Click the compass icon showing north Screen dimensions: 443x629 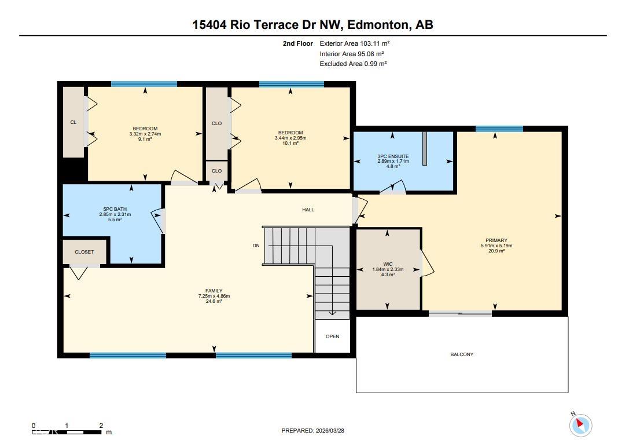pyautogui.click(x=580, y=425)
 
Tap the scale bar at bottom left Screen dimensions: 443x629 pyautogui.click(x=68, y=431)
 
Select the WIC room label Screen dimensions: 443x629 pyautogui.click(x=388, y=264)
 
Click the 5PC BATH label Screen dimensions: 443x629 pyautogui.click(x=115, y=209)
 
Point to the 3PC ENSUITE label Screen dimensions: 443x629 pyautogui.click(x=393, y=156)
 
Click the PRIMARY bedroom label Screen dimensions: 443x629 pyautogui.click(x=496, y=240)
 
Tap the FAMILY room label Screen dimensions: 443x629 pyautogui.click(x=214, y=291)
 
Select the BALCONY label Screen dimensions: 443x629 pyautogui.click(x=462, y=354)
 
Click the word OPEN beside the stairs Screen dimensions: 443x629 pyautogui.click(x=332, y=336)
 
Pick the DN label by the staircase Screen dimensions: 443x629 pyautogui.click(x=256, y=246)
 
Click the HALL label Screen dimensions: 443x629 pyautogui.click(x=308, y=210)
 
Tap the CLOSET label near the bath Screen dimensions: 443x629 pyautogui.click(x=84, y=252)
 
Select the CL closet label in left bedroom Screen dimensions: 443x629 pyautogui.click(x=73, y=122)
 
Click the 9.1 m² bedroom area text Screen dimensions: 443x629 pyautogui.click(x=145, y=139)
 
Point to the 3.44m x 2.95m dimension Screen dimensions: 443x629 pyautogui.click(x=290, y=138)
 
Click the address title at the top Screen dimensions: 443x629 pyautogui.click(x=312, y=24)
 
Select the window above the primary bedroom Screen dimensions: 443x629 pyautogui.click(x=499, y=129)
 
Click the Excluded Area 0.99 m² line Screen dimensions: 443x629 pyautogui.click(x=353, y=64)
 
